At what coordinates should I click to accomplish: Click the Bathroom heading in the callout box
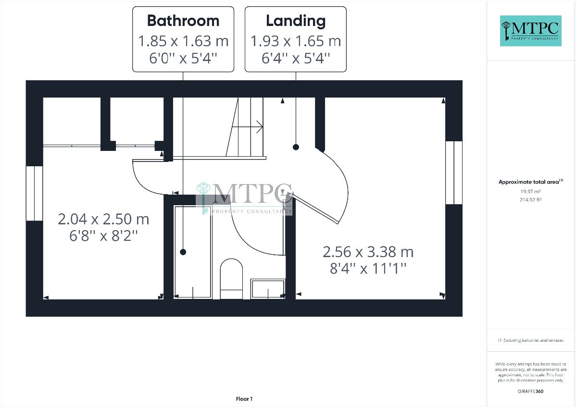[x=183, y=21]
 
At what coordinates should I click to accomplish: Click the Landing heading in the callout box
[x=296, y=21]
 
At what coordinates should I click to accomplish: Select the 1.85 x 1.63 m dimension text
[x=183, y=41]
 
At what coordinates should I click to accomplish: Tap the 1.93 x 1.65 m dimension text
[x=296, y=41]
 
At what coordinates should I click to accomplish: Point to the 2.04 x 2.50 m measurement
[x=103, y=219]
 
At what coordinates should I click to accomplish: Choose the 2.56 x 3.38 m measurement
[x=368, y=252]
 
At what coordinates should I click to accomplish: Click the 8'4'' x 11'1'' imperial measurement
[x=368, y=269]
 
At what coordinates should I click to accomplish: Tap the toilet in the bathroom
[x=231, y=279]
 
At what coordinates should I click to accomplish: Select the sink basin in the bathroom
[x=268, y=289]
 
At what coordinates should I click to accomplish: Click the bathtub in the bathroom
[x=193, y=252]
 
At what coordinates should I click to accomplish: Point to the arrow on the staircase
[x=247, y=127]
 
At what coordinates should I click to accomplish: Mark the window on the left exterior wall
[x=34, y=193]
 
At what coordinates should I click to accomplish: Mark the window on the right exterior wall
[x=454, y=173]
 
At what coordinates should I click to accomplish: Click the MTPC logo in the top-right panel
[x=531, y=31]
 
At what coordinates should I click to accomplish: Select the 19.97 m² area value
[x=530, y=192]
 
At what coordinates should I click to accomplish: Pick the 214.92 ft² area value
[x=530, y=199]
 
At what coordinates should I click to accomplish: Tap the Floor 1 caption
[x=244, y=399]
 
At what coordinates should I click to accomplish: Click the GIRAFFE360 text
[x=530, y=391]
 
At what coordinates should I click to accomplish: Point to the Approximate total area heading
[x=531, y=182]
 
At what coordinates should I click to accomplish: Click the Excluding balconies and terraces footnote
[x=531, y=340]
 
